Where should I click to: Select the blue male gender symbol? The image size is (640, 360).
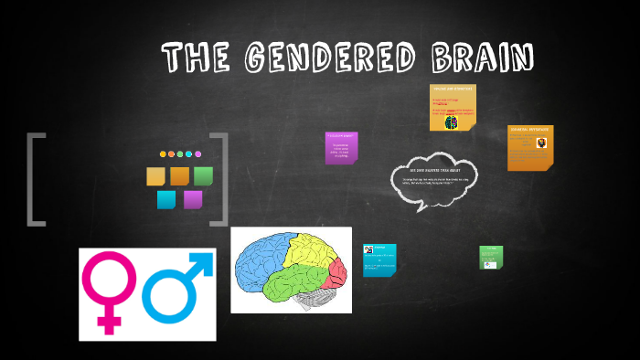[x=176, y=288]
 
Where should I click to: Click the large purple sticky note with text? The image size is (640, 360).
[x=341, y=148]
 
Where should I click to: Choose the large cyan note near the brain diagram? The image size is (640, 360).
[x=379, y=259]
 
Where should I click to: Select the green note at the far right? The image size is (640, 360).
[x=491, y=258]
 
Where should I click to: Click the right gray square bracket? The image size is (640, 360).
[x=219, y=179]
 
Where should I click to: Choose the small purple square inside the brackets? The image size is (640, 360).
[x=192, y=200]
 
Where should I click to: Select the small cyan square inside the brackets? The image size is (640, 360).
[x=165, y=200]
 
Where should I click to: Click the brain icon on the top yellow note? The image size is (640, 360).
[x=451, y=122]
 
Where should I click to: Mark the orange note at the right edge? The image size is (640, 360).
[x=530, y=148]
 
